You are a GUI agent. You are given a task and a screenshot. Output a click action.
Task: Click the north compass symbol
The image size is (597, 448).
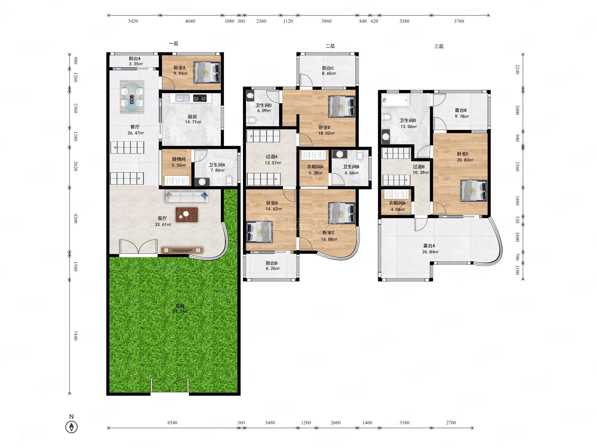71,427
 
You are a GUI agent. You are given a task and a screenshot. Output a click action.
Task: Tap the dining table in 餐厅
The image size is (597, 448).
132,97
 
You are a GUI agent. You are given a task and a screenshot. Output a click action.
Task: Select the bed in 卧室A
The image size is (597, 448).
207,72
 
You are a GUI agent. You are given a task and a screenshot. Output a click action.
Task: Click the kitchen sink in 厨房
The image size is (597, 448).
182,98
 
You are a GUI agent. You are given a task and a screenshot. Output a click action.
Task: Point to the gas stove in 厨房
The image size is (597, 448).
200,98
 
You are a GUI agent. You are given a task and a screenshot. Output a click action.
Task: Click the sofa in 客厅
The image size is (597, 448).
187,197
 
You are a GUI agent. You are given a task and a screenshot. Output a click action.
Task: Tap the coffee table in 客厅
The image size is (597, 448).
187,214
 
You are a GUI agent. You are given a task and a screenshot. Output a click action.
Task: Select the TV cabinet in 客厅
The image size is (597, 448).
182,250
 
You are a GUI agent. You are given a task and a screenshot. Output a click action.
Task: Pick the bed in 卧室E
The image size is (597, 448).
474,191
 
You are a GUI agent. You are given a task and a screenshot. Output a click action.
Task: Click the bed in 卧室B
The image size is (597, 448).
260,231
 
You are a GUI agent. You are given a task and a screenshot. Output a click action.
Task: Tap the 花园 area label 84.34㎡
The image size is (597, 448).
180,311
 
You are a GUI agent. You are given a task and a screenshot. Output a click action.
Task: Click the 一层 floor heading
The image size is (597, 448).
173,44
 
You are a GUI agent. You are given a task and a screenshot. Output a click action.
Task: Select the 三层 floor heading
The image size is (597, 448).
439,46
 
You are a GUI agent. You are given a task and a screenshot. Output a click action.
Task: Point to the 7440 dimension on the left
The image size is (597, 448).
76,335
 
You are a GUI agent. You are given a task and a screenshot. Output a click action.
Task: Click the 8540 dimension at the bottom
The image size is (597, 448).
172,423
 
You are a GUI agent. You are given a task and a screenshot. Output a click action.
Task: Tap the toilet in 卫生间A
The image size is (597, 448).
229,180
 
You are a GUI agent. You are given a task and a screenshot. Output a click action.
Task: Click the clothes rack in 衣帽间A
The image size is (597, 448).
313,155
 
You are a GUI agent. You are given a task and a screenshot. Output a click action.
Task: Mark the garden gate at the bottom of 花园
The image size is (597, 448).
170,385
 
